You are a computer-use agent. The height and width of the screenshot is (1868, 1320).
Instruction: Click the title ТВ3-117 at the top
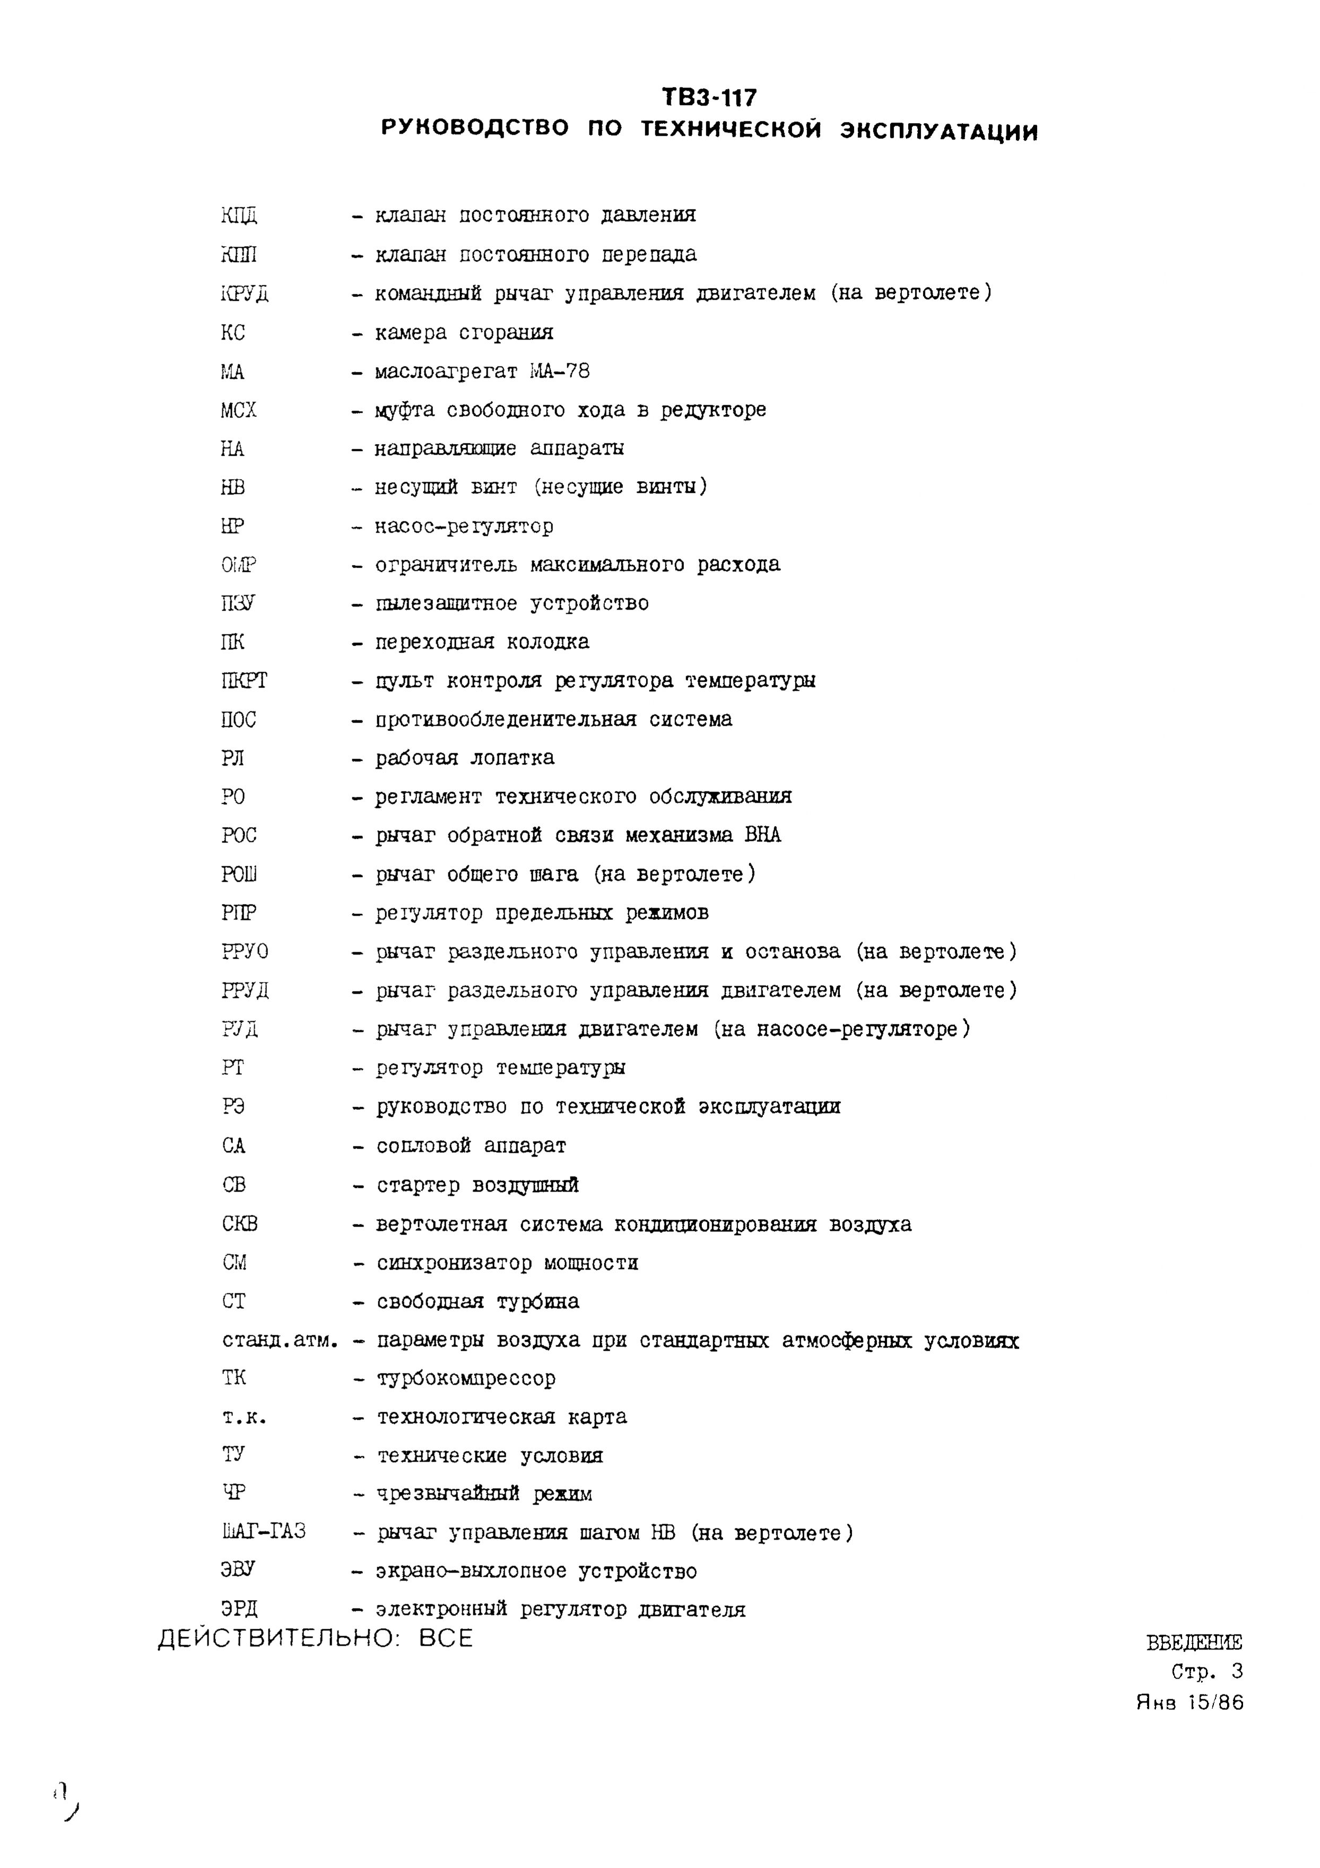click(709, 98)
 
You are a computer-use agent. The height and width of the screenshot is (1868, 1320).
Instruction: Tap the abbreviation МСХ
click(238, 410)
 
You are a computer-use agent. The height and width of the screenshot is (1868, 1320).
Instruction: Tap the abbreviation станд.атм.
click(279, 1339)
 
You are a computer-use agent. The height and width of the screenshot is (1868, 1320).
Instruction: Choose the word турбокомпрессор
click(466, 1378)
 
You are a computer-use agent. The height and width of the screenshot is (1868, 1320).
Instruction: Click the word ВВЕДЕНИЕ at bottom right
click(1194, 1642)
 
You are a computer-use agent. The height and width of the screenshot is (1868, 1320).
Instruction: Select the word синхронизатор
click(453, 1263)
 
